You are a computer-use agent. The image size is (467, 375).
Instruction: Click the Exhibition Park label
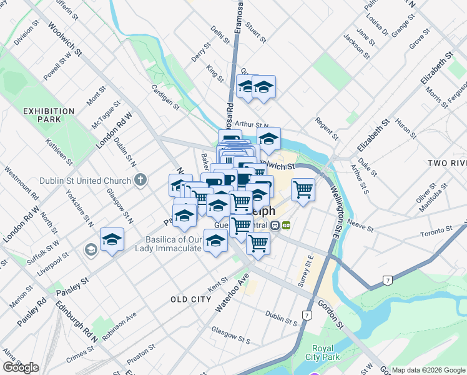tap(48, 115)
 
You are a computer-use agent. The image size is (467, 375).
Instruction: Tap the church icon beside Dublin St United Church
tap(140, 181)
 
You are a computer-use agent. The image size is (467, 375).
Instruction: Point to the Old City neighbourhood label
tap(191, 299)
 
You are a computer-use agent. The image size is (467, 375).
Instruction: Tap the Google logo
tap(20, 367)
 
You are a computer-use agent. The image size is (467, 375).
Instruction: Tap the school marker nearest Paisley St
tap(112, 239)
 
